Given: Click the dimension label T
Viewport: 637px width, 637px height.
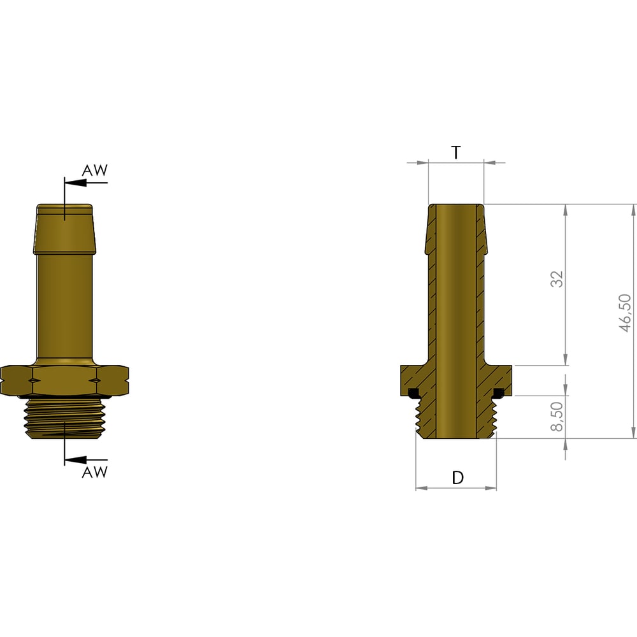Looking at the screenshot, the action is coord(456,152).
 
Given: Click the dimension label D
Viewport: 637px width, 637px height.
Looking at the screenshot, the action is coord(457,478).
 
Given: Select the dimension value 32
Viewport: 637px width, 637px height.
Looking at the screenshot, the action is coord(557,279).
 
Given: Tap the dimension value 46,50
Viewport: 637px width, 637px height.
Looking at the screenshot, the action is coord(626,313).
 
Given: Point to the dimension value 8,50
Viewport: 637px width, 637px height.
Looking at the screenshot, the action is coord(557,417).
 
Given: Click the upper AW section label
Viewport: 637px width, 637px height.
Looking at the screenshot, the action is coord(95,170).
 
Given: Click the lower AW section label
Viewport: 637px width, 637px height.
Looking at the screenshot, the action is coord(95,472).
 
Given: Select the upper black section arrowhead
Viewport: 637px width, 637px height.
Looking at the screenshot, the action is coord(76,183).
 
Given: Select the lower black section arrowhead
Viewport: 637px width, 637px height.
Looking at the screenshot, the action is coord(76,460).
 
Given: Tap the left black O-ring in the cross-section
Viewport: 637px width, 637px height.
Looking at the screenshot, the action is coord(413,392).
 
